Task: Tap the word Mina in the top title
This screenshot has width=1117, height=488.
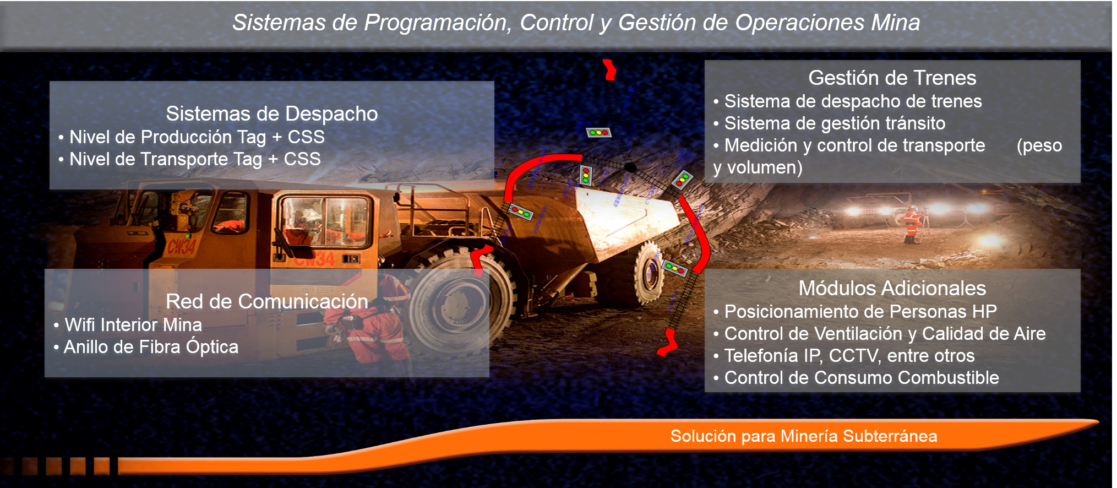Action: [x=896, y=23]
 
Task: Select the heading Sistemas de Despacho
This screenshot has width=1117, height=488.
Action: [x=272, y=114]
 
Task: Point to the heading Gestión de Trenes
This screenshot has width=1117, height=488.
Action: [x=892, y=78]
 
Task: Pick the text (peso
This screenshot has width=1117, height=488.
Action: [x=1039, y=146]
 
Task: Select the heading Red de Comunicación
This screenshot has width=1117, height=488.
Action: [x=267, y=301]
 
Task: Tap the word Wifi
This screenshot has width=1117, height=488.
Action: [x=79, y=325]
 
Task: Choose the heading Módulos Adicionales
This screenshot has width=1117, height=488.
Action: [x=892, y=288]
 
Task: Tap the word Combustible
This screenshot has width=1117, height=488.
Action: [x=948, y=378]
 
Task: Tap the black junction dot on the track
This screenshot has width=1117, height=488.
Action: [x=631, y=167]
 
